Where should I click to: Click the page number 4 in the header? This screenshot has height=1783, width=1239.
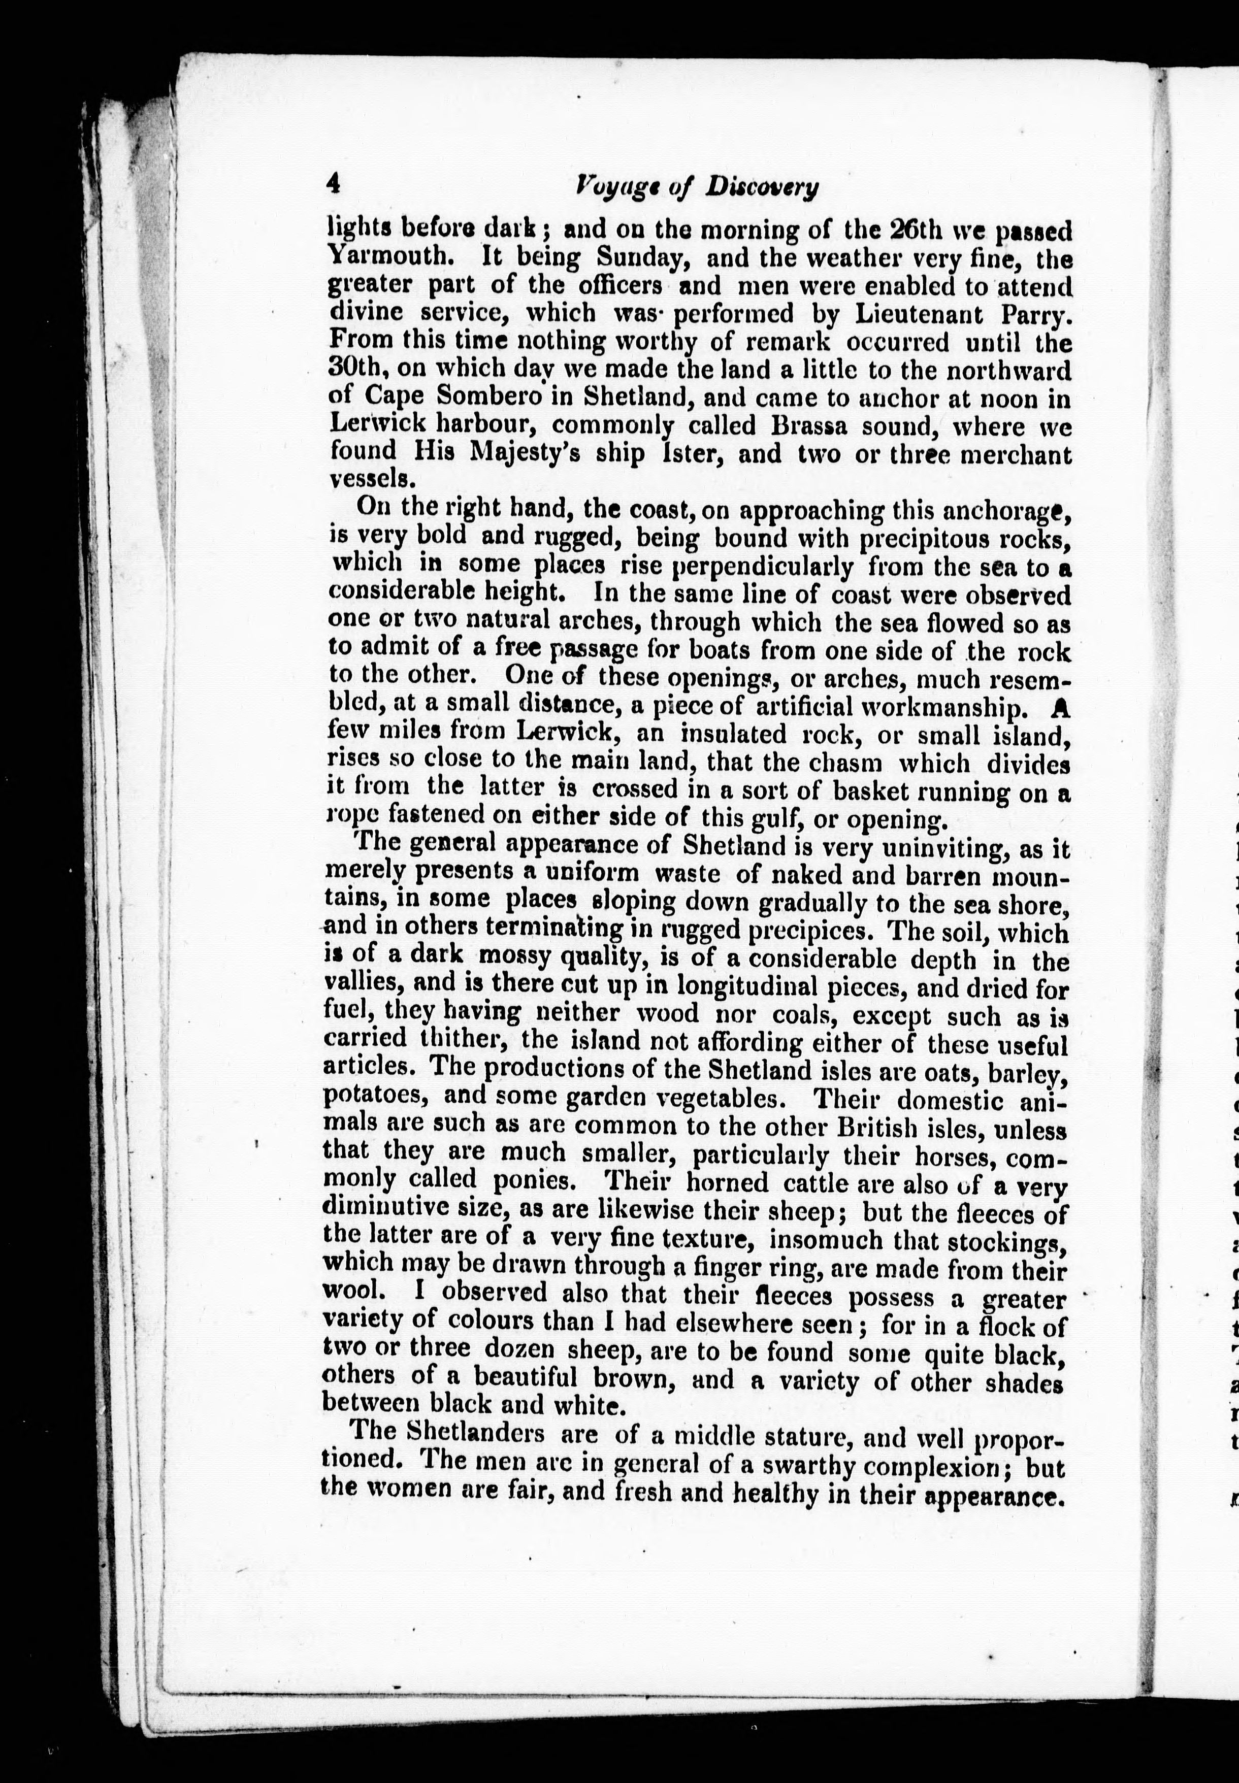point(334,184)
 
